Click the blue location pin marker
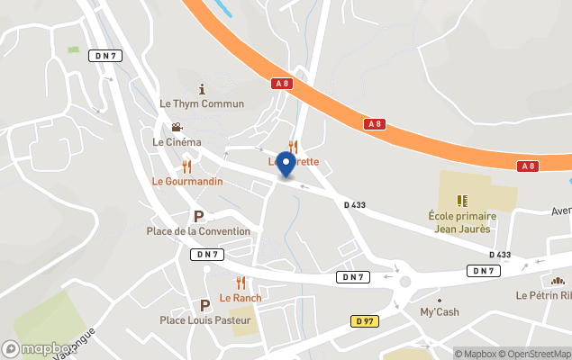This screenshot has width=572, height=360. [x=286, y=165]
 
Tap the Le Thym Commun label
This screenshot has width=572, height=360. [x=202, y=103]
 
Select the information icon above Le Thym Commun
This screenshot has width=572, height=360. [x=202, y=89]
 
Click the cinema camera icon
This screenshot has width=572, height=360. [x=177, y=128]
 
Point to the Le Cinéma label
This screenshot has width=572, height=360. [x=177, y=142]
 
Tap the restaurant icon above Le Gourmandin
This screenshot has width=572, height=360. [x=186, y=166]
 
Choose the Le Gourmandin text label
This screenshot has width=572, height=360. [x=186, y=181]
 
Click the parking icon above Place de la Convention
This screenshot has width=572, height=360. [x=198, y=216]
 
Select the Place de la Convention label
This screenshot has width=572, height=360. [x=198, y=231]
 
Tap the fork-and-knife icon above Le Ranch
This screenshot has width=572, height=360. [x=241, y=283]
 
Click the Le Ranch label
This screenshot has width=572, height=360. [x=241, y=298]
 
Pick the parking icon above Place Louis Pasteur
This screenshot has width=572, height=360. [x=204, y=305]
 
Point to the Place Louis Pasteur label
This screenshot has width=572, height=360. [x=204, y=319]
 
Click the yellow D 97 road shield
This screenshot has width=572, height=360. [x=364, y=321]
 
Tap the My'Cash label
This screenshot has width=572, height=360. [x=440, y=312]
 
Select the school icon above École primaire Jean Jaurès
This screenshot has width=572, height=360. [x=460, y=201]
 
